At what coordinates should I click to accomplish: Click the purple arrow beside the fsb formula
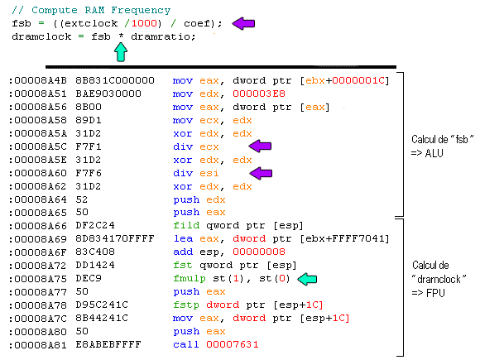(x=243, y=23)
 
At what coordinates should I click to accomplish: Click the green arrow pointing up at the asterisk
(x=121, y=52)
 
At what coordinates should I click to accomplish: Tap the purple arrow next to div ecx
(x=260, y=146)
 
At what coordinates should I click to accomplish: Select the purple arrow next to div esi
(x=261, y=173)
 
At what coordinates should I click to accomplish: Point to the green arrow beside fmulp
(x=307, y=279)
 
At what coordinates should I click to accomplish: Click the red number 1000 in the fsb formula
(x=144, y=23)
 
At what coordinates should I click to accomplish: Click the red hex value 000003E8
(x=259, y=94)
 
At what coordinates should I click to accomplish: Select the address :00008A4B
(x=37, y=80)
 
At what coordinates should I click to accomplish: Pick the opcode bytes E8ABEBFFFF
(x=108, y=344)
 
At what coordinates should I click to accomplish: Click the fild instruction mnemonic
(x=186, y=225)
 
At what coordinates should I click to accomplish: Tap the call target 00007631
(x=233, y=344)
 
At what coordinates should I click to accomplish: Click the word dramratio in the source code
(x=163, y=36)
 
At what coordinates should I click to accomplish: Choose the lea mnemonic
(x=183, y=238)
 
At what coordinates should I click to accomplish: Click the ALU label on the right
(x=434, y=153)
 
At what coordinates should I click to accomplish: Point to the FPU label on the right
(x=435, y=293)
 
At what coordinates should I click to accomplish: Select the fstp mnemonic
(x=186, y=305)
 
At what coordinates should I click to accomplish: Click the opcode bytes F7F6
(x=89, y=173)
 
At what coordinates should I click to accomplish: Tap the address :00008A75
(x=37, y=279)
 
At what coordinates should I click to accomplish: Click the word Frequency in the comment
(x=141, y=10)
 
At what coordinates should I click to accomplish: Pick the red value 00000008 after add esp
(x=259, y=252)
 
